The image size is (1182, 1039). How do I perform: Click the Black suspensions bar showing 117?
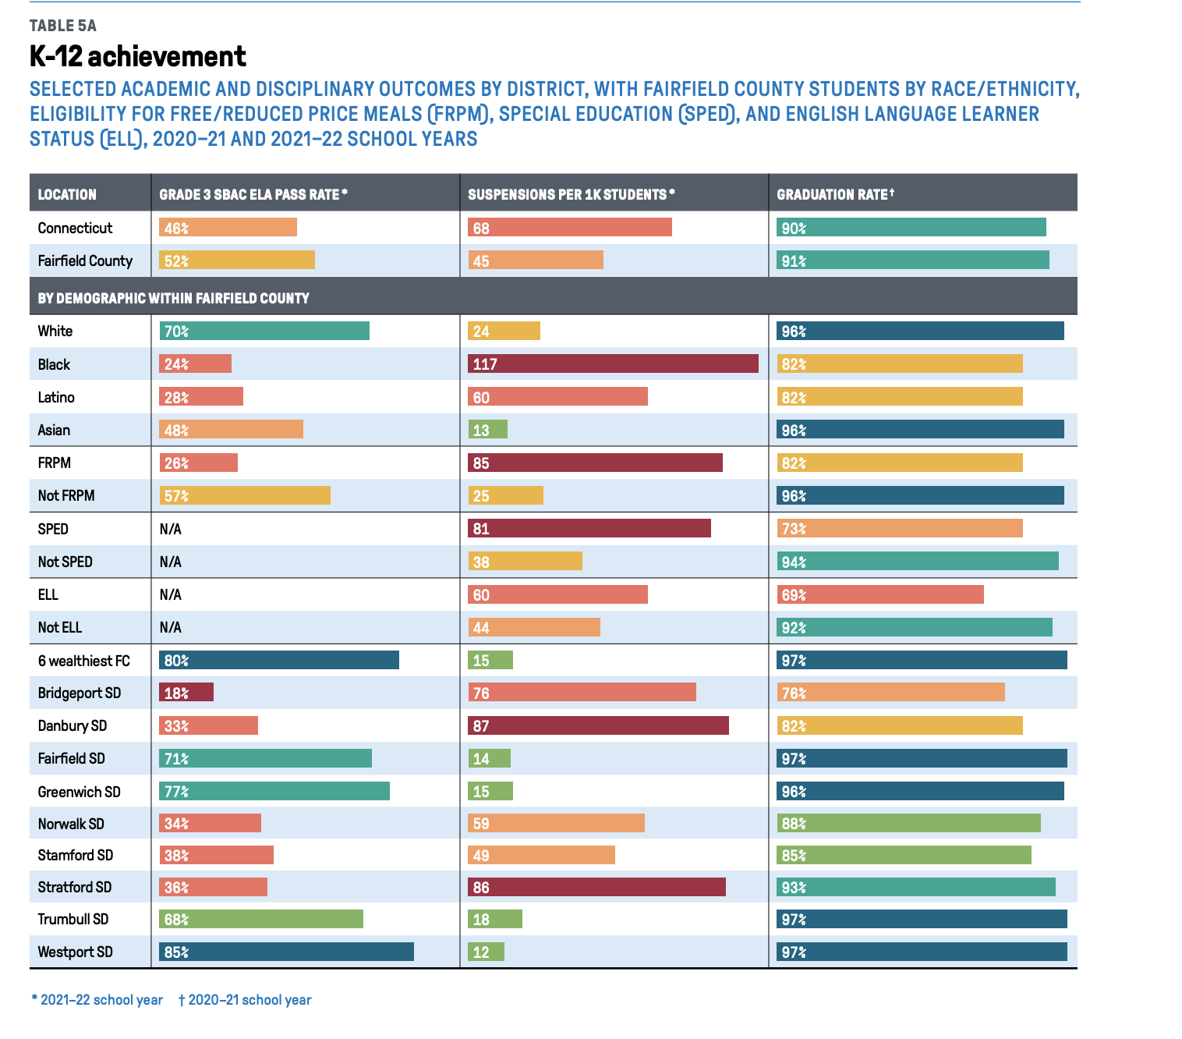tap(613, 363)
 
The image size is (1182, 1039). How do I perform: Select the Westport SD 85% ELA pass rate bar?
tap(286, 952)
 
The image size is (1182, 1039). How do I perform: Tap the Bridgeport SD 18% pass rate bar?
tap(186, 693)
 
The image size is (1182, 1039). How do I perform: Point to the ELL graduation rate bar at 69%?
tap(880, 594)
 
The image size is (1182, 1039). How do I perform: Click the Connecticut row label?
tap(75, 228)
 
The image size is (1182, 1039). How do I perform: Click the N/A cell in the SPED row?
tap(170, 529)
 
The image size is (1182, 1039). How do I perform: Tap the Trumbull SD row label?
tap(73, 919)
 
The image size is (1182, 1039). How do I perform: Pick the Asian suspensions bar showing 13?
tap(488, 429)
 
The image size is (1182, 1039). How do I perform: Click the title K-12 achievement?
tap(137, 56)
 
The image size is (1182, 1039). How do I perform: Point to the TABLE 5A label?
tap(63, 26)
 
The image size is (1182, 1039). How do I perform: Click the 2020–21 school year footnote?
tap(245, 1000)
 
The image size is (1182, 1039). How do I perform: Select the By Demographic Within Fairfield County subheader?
tap(173, 298)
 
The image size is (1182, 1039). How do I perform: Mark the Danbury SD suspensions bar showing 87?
tap(598, 725)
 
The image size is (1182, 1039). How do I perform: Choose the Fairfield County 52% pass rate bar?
tap(237, 261)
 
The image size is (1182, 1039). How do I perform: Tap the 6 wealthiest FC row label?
tap(83, 661)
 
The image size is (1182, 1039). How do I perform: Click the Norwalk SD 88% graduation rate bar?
tap(908, 823)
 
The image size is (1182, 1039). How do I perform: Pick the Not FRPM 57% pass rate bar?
tap(245, 495)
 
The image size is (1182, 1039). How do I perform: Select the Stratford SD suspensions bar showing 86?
tap(596, 887)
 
